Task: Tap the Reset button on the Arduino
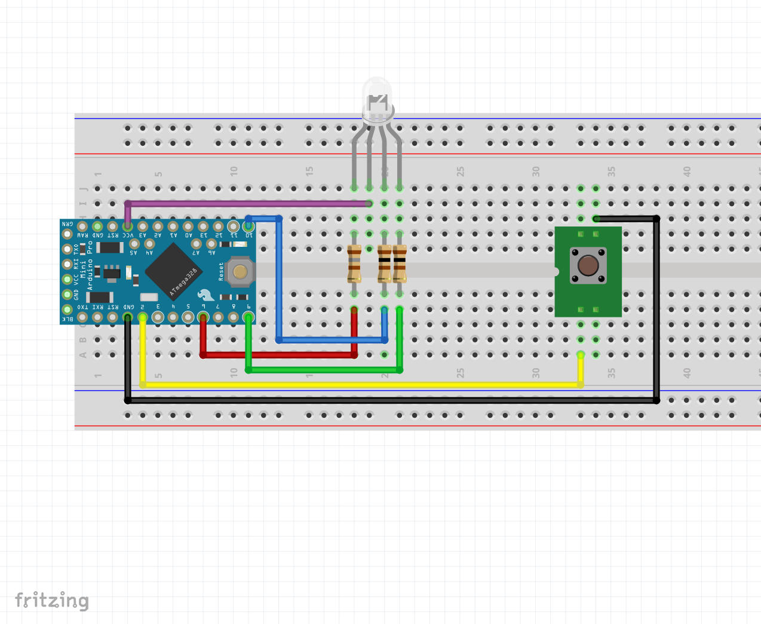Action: click(240, 272)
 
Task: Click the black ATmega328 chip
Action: click(173, 272)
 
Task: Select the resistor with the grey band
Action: click(354, 264)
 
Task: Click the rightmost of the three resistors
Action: click(400, 264)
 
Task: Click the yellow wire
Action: click(358, 385)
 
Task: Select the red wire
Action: click(281, 355)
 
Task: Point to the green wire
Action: click(323, 370)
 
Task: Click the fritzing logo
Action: click(52, 600)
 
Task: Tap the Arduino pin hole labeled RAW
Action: click(82, 227)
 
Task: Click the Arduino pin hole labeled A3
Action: click(143, 227)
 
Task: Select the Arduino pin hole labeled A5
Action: click(134, 244)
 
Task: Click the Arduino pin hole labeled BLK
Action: click(67, 309)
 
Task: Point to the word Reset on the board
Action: click(221, 271)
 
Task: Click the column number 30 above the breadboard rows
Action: click(536, 171)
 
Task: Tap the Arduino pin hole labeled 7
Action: click(218, 317)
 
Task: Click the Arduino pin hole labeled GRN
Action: click(67, 234)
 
